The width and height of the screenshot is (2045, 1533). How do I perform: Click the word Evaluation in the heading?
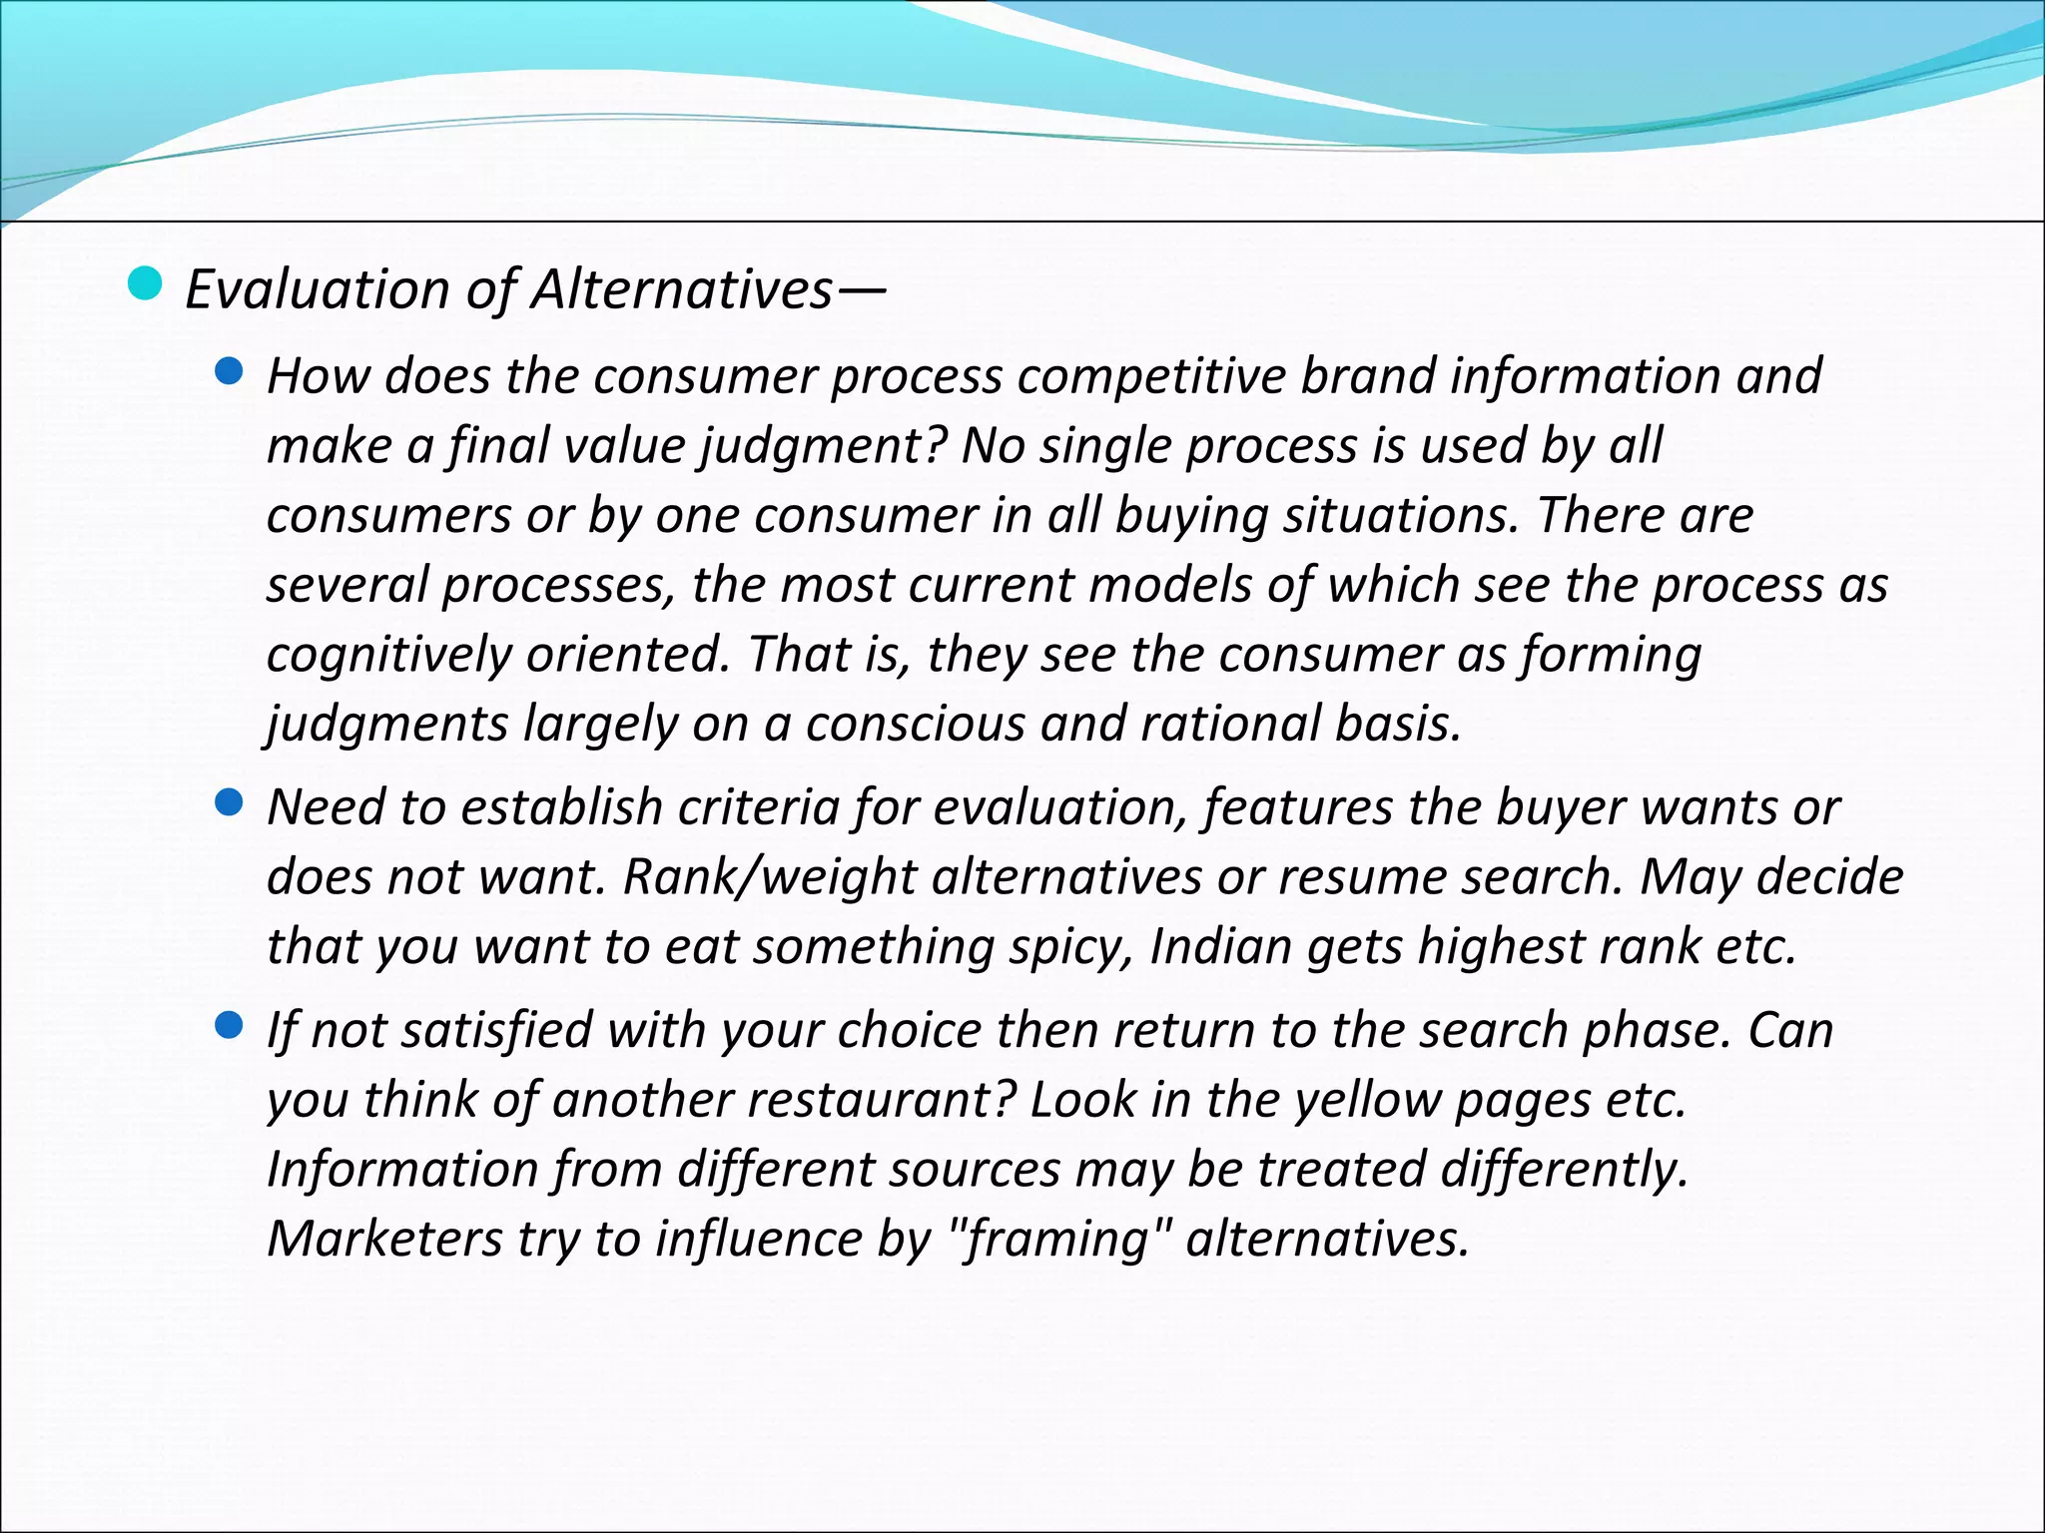pyautogui.click(x=318, y=290)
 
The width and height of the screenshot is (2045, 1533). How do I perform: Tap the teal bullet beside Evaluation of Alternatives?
pyautogui.click(x=145, y=284)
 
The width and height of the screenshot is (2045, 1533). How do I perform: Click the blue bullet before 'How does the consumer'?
pyautogui.click(x=229, y=372)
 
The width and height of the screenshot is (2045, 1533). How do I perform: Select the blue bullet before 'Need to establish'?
pyautogui.click(x=229, y=803)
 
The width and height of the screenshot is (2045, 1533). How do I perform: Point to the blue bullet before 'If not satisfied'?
pyautogui.click(x=229, y=1026)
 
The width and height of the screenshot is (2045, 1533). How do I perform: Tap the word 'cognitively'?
pyautogui.click(x=388, y=656)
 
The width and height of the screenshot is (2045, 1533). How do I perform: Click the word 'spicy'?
pyautogui.click(x=1070, y=947)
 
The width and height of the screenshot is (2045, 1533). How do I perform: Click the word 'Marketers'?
pyautogui.click(x=384, y=1239)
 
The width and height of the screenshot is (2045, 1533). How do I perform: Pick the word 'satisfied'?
pyautogui.click(x=501, y=1030)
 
